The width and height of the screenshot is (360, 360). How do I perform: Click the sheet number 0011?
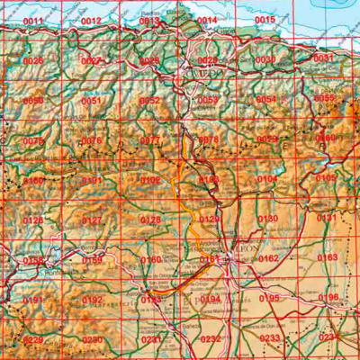point(32,21)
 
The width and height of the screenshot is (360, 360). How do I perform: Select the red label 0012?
point(91,21)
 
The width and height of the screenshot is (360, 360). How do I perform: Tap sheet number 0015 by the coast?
point(265,20)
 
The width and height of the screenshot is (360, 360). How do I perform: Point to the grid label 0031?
point(322,58)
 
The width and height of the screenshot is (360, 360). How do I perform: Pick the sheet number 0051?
point(91,101)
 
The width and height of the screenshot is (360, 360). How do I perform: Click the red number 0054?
point(266,100)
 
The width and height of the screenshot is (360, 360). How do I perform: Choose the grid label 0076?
point(91,141)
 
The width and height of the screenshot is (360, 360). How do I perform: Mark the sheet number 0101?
point(91,181)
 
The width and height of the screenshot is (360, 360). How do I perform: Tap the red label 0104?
point(267,180)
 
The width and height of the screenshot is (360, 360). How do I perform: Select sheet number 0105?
point(326,178)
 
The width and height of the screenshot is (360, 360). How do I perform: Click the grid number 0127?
point(91,220)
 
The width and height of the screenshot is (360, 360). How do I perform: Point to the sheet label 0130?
point(267,219)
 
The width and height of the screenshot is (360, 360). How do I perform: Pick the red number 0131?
point(326,218)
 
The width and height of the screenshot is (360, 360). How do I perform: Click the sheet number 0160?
point(150,260)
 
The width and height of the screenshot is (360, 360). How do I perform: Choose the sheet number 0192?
point(92,301)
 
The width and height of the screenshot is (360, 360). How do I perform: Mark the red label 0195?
point(269,298)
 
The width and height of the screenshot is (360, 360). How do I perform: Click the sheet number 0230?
point(92,340)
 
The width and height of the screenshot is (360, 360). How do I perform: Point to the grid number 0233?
point(269,338)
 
